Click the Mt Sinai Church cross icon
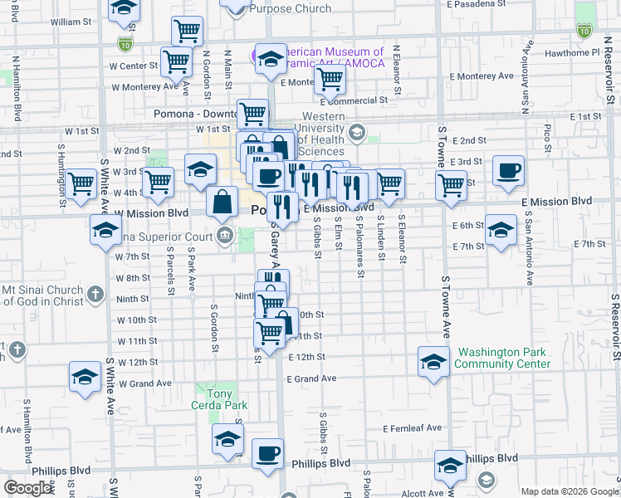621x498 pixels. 95,294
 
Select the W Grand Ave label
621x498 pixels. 145,383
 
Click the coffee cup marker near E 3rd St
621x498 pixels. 508,172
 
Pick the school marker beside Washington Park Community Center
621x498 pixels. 433,363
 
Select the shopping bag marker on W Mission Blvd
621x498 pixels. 222,202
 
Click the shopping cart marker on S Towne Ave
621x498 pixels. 452,185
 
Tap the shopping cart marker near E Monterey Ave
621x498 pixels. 330,81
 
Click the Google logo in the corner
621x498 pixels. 28,488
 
